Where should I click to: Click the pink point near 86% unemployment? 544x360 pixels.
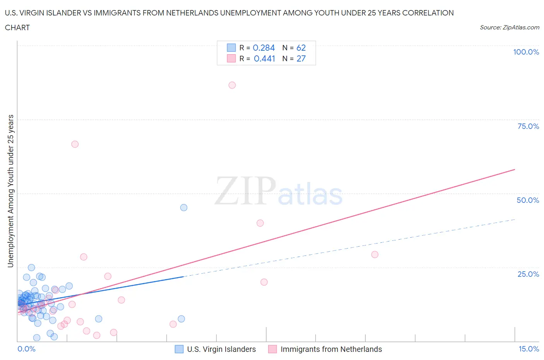pos(232,85)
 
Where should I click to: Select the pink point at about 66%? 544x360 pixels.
pos(75,144)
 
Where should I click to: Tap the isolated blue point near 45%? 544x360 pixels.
pos(184,207)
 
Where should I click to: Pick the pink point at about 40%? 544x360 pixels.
pos(260,223)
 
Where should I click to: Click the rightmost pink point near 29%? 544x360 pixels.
pos(375,254)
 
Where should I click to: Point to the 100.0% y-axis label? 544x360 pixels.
pos(526,52)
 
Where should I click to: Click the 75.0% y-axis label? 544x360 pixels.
pos(528,126)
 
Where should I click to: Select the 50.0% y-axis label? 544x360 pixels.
pos(528,200)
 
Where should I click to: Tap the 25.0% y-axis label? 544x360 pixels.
pos(528,274)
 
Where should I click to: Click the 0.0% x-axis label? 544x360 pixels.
pos(26,349)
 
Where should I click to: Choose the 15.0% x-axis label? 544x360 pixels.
pos(529,349)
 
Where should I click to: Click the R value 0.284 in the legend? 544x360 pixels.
pos(263,48)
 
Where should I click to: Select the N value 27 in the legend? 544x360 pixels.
pos(301,58)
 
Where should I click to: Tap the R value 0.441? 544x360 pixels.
pos(264,58)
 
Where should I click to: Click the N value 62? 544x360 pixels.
pos(301,48)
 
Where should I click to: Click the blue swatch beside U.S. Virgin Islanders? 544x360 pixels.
pos(179,349)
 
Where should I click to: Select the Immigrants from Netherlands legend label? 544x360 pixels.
pos(331,349)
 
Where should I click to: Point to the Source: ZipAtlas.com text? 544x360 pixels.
pos(509,27)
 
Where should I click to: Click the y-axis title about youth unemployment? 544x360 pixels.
pos(11,191)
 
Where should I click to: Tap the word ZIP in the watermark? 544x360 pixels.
pos(245,191)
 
